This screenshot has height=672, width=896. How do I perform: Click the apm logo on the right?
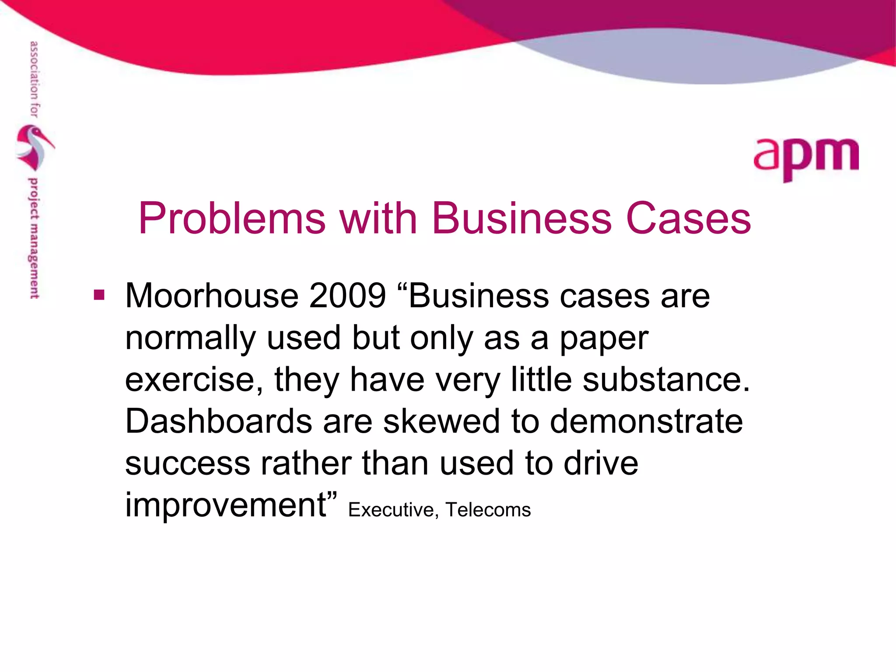pos(806,158)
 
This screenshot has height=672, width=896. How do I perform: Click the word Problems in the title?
pos(232,218)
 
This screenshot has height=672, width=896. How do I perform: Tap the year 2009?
pos(347,296)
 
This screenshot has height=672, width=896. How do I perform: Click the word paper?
pos(604,339)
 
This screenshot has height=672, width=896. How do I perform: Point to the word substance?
pos(665,380)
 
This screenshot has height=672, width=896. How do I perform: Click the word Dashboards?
pos(219,421)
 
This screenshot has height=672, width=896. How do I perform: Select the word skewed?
pos(441,421)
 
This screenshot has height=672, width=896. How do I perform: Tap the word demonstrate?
pos(646,421)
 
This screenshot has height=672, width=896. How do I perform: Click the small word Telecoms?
pos(488,510)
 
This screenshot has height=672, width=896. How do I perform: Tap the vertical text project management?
pos(34,238)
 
